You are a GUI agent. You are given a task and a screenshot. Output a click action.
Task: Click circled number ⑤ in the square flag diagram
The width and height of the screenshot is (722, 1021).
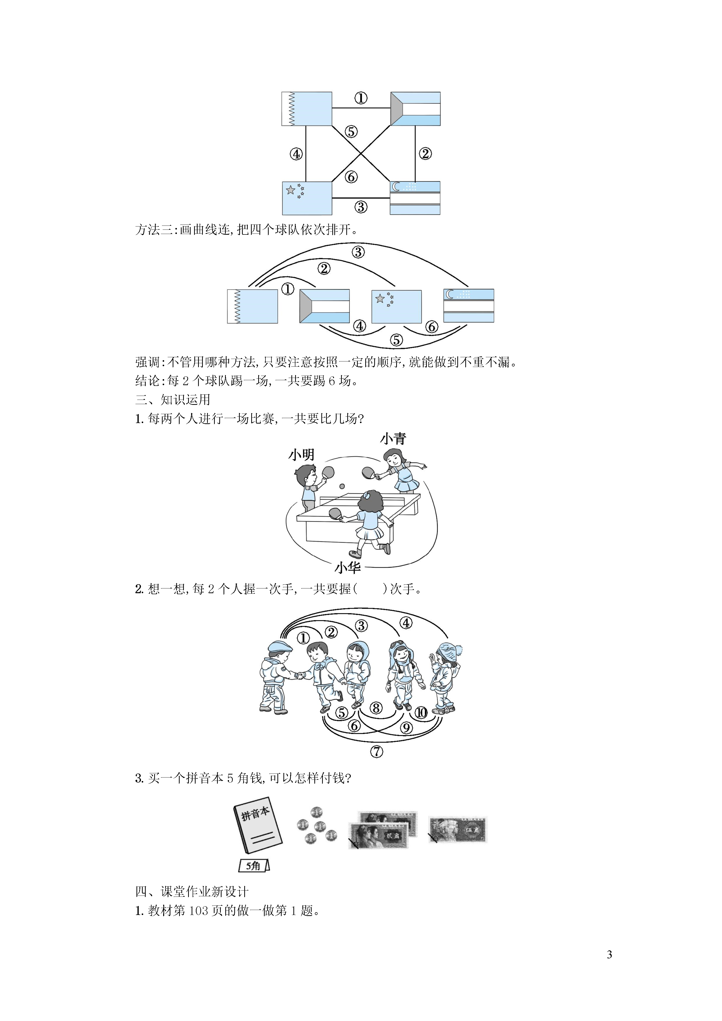(351, 132)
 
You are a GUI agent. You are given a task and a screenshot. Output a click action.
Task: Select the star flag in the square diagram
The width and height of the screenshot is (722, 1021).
(307, 198)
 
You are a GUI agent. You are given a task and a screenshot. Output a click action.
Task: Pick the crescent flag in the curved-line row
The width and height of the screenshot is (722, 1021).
(469, 306)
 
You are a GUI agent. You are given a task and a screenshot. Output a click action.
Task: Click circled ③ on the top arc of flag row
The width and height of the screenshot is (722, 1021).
(358, 252)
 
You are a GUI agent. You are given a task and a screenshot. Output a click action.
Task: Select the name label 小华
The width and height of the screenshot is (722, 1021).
(348, 568)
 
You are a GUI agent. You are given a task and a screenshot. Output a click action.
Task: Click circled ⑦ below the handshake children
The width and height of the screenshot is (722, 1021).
(376, 752)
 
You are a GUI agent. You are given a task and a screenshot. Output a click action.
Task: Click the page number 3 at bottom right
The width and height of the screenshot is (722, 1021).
(609, 954)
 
